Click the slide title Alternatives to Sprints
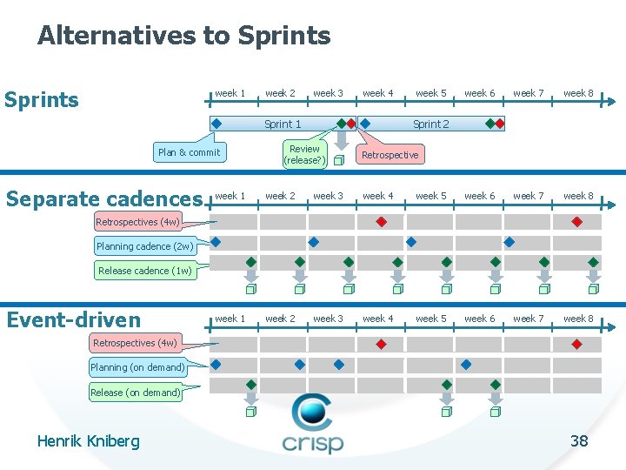(x=183, y=36)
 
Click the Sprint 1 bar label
(x=283, y=124)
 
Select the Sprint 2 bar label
(x=431, y=124)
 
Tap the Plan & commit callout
(x=189, y=152)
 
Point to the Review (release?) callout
(x=304, y=155)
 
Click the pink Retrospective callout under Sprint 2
(x=390, y=155)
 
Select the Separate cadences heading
(x=103, y=198)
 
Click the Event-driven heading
(x=73, y=320)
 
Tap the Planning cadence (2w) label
(x=144, y=246)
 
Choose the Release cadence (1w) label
(x=144, y=271)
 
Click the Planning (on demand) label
(x=138, y=367)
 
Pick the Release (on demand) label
(x=135, y=393)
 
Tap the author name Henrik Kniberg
(x=88, y=441)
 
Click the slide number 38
(x=579, y=440)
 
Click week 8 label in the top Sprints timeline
(x=578, y=93)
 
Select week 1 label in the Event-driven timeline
(x=230, y=319)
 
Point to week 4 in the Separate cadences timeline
(x=378, y=196)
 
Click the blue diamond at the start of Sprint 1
(x=216, y=124)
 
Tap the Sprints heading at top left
(x=42, y=99)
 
